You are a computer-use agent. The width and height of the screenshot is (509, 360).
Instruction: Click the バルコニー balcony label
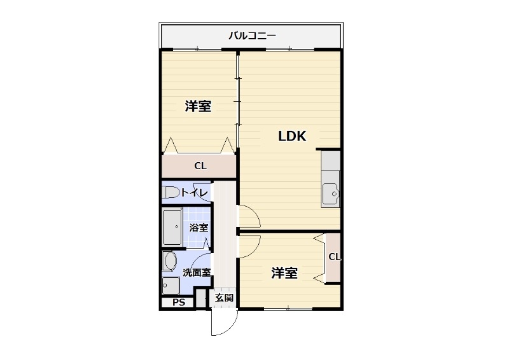coord(252,36)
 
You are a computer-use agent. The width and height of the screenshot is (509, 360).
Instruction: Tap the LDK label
coord(292,136)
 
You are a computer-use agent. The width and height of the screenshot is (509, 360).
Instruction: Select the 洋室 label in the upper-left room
coord(198,106)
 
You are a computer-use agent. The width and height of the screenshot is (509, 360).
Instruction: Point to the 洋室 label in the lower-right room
coord(284,273)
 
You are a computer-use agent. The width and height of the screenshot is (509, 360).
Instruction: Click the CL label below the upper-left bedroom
coord(200,167)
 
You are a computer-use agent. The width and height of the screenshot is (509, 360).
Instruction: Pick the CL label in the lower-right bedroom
coord(335,257)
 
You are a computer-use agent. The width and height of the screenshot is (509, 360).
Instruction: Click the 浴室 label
coord(198,228)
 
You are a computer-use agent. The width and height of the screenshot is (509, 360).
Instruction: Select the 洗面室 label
coord(197,273)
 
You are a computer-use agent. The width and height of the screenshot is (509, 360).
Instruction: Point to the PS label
coord(179,303)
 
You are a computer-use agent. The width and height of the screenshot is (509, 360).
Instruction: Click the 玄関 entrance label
coord(223,298)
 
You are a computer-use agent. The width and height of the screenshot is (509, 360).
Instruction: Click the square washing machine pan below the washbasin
coord(171,285)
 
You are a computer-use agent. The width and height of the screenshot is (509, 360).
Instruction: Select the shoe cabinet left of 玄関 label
coord(202,298)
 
